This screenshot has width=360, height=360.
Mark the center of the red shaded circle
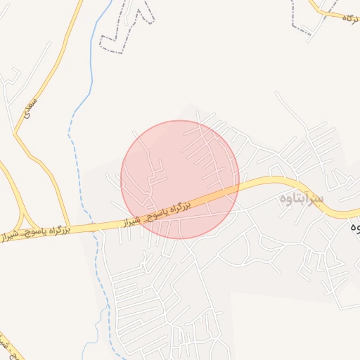pos(180,179)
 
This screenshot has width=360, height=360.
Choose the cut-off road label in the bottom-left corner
pos(8,345)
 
